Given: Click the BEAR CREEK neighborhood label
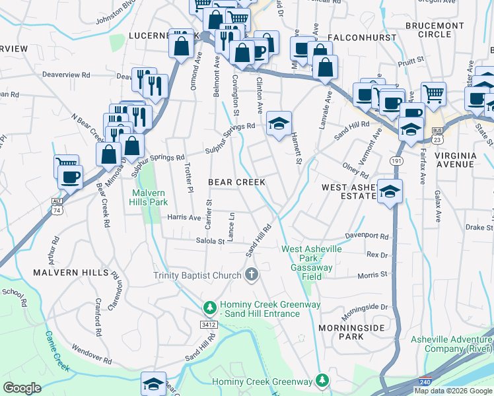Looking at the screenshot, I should (x=236, y=181).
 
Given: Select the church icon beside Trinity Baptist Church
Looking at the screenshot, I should (x=251, y=275).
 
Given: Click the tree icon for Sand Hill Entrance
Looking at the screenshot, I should (x=209, y=308).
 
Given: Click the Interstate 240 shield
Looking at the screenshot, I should (x=426, y=382).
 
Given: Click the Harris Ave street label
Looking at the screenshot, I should (x=184, y=217).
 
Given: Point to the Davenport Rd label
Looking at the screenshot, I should (x=367, y=236).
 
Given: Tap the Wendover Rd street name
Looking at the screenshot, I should (x=91, y=354).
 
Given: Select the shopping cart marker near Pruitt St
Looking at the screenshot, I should (x=433, y=94).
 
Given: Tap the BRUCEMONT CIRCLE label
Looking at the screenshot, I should (x=435, y=29).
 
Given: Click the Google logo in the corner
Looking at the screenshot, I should (x=22, y=387).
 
